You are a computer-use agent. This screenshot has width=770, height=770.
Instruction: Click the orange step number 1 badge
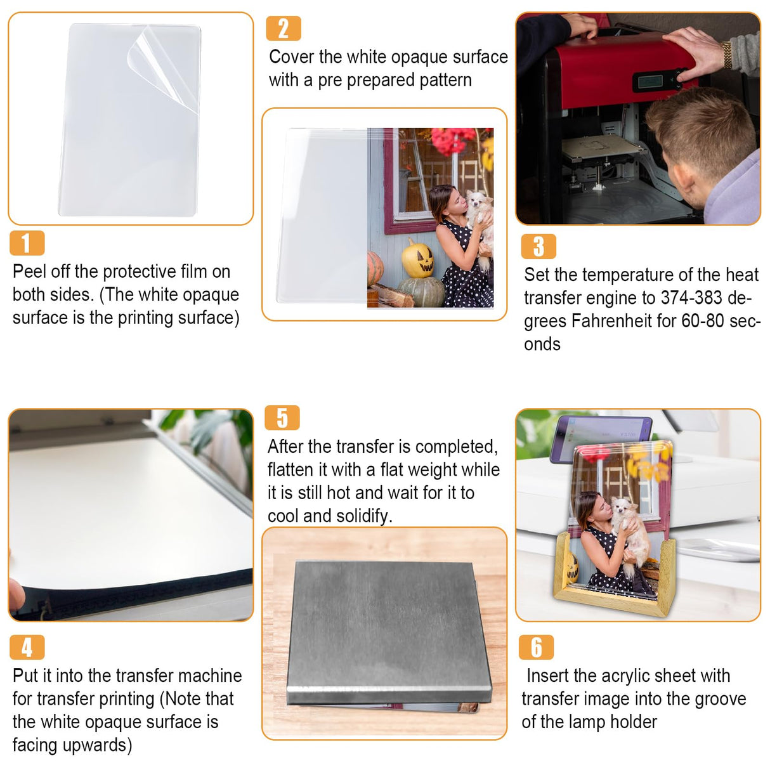click(27, 242)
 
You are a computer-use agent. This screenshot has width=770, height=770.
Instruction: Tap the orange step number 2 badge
click(284, 29)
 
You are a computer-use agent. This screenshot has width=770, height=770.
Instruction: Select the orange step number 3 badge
click(538, 246)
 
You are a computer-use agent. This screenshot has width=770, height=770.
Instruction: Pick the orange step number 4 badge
click(27, 647)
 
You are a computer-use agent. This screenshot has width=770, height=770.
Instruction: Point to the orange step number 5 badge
click(282, 417)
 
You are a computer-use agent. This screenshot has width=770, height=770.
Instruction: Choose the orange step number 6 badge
click(536, 647)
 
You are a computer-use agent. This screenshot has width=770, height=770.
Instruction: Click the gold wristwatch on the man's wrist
click(726, 55)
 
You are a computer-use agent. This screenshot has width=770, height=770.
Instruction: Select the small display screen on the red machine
click(650, 82)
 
